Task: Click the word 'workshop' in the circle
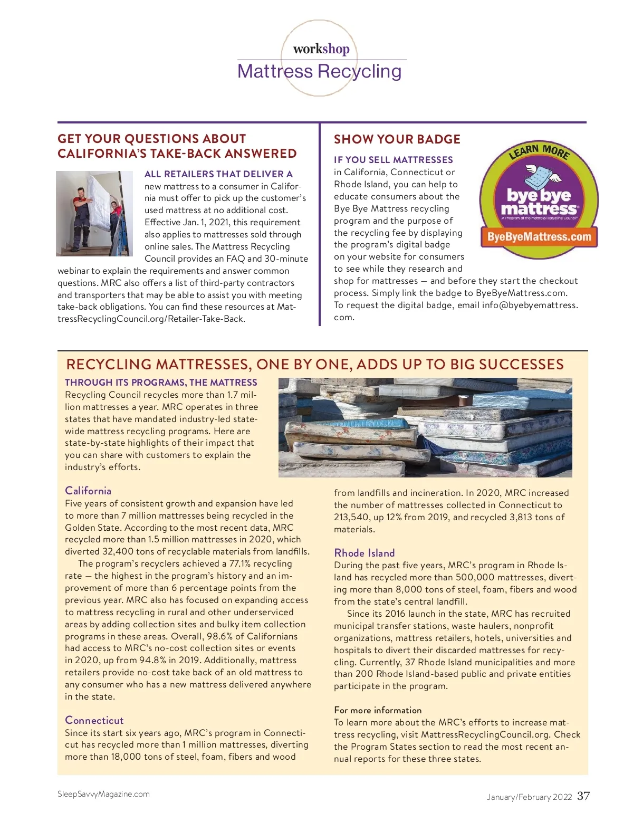point(321,49)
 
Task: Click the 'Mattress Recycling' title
point(319,71)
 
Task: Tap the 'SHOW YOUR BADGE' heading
point(397,139)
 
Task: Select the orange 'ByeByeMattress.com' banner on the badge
point(539,236)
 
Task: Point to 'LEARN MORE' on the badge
point(539,151)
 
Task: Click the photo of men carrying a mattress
point(94,213)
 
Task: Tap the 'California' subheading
point(88,491)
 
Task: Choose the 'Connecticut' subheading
point(94,720)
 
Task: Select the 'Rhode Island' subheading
point(365,553)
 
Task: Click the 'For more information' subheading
point(378,710)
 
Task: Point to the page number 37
point(583,796)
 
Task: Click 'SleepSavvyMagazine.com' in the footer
point(103,794)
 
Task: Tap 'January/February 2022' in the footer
point(529,797)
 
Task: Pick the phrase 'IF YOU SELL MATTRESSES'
point(393,160)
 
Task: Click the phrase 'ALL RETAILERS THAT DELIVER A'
point(218,174)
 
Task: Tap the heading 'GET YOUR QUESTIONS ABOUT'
point(152,139)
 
